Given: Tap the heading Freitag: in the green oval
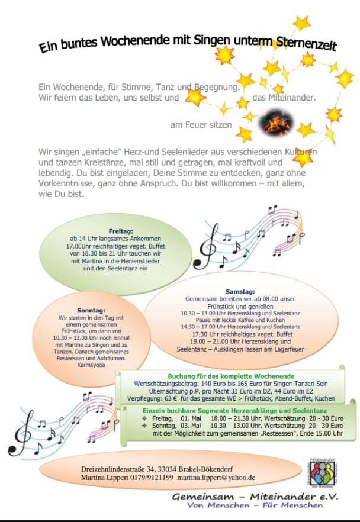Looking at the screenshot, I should click(x=120, y=231).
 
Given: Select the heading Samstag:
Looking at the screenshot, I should click(x=240, y=292).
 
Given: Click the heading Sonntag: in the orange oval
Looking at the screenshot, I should click(x=91, y=310).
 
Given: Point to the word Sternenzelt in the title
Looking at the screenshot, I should click(x=306, y=44).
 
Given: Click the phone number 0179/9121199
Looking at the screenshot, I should click(x=153, y=477).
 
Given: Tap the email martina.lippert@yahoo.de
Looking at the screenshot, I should click(x=216, y=477).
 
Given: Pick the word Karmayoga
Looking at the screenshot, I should click(x=91, y=365).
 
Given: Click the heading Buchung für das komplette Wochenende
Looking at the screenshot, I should click(x=231, y=376).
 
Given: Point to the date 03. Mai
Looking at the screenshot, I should click(x=190, y=426).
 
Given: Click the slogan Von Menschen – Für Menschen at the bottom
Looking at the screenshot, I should click(x=255, y=505).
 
